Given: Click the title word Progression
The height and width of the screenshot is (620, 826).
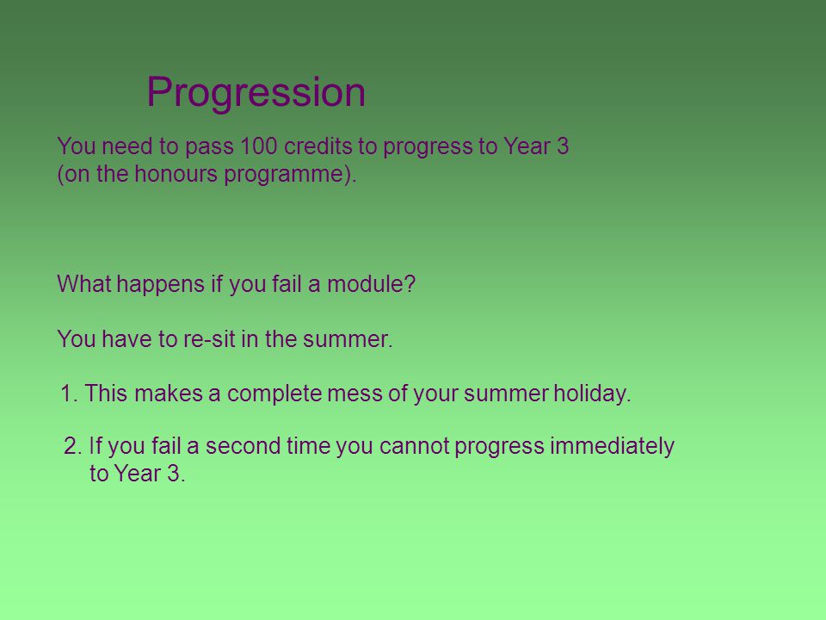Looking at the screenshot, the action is click(x=256, y=93).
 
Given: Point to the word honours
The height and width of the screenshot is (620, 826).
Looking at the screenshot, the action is click(x=176, y=173).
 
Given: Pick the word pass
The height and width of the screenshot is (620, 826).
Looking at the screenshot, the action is click(x=209, y=147).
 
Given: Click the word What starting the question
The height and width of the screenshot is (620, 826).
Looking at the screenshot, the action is click(x=83, y=283).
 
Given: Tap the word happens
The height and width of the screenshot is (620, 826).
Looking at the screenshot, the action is click(x=160, y=285).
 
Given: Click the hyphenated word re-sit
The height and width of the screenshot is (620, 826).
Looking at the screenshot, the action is click(x=209, y=338).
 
